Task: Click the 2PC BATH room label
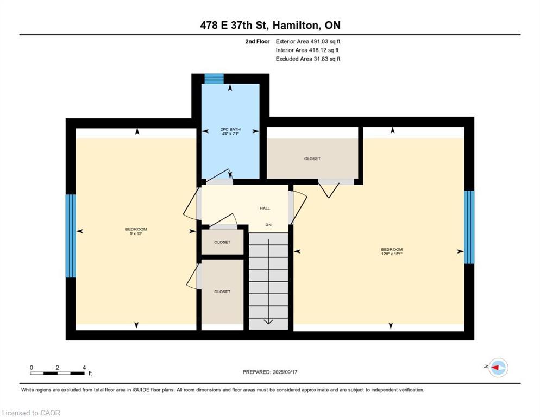tap(230, 129)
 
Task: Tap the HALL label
tap(265, 208)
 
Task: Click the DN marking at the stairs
tap(268, 225)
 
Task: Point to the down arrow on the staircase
tap(268, 321)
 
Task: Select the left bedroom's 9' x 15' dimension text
tap(136, 234)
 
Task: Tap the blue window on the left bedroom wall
tap(71, 236)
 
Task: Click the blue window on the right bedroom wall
tap(469, 227)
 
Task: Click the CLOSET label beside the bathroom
tap(312, 159)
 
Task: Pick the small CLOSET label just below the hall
tap(222, 242)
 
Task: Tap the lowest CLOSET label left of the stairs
tap(222, 292)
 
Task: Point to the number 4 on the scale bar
tap(84, 368)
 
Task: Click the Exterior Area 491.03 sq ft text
tap(307, 41)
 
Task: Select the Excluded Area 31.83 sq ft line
tap(307, 59)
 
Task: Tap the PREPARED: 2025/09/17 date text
tap(270, 372)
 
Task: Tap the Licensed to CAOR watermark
tap(31, 413)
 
